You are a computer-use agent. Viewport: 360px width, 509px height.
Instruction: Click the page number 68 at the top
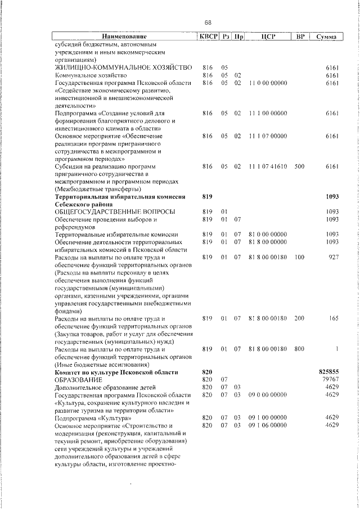(x=208, y=22)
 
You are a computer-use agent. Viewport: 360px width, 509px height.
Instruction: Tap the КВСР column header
(x=208, y=37)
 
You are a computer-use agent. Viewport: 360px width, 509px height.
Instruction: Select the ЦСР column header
(x=267, y=37)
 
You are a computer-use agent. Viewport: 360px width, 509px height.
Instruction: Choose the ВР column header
(x=300, y=37)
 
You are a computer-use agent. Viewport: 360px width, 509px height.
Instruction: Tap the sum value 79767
(x=330, y=380)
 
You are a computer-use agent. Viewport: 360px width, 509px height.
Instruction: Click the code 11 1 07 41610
(x=267, y=166)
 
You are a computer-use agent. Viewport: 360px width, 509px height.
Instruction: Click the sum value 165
(x=332, y=318)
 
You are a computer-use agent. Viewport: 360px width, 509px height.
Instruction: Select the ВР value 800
(x=299, y=349)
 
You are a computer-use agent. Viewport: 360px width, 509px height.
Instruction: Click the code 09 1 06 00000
(x=267, y=425)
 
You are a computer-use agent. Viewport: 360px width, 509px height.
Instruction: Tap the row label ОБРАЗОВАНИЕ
(x=78, y=380)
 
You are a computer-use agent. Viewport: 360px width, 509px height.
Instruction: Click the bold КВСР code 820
(x=206, y=372)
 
